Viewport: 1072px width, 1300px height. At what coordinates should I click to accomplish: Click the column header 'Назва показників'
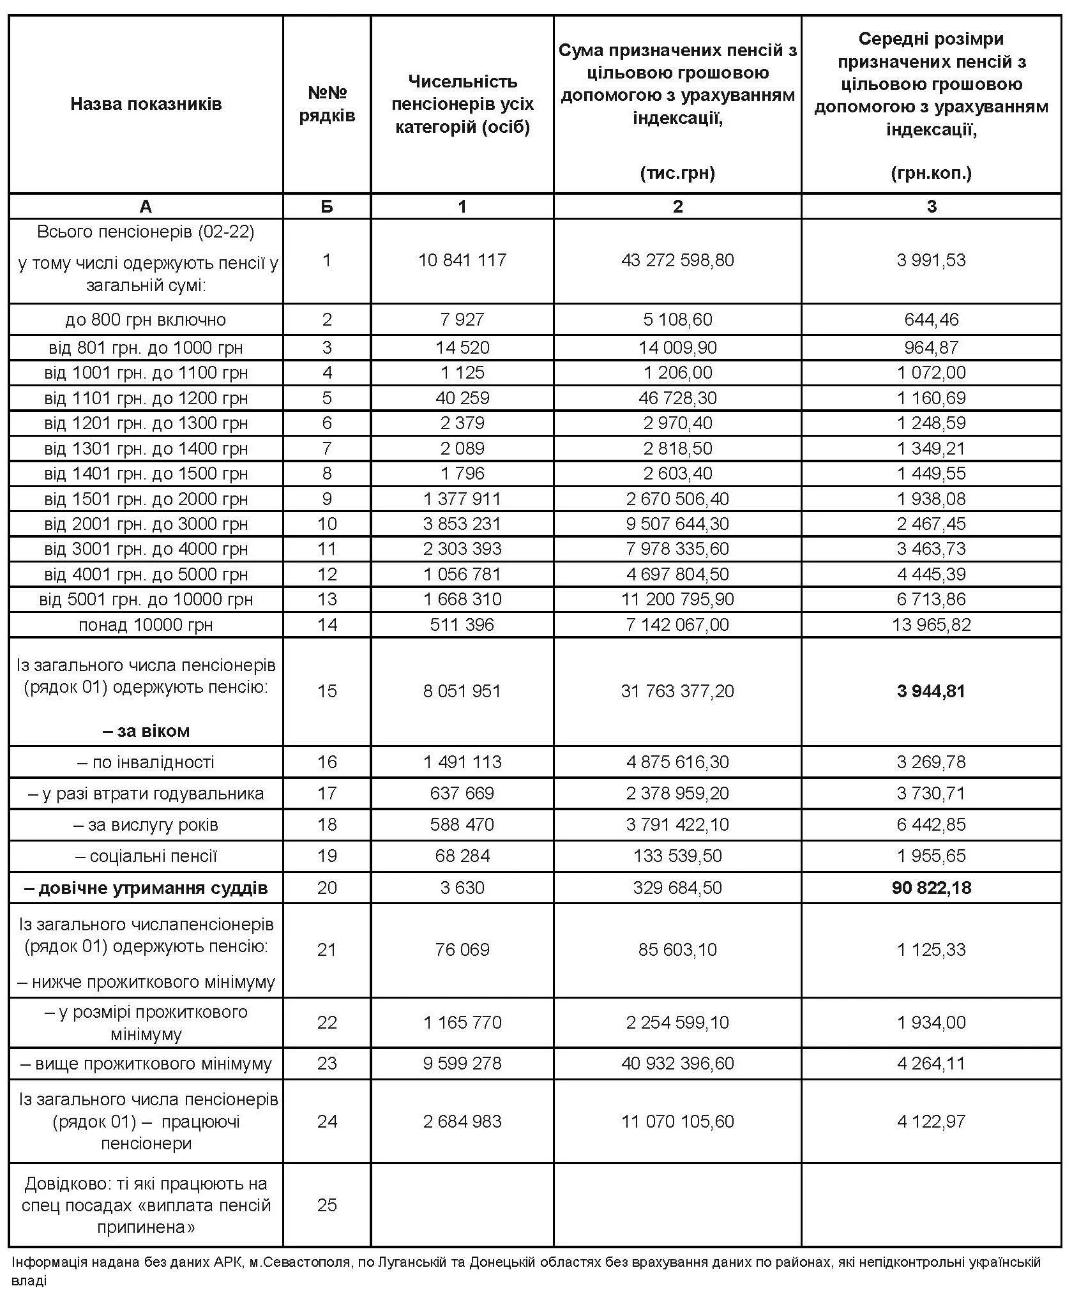pyautogui.click(x=146, y=104)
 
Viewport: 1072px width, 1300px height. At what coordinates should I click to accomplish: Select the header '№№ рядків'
pyautogui.click(x=327, y=104)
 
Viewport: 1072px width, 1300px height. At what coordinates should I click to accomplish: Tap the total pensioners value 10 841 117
pyautogui.click(x=462, y=261)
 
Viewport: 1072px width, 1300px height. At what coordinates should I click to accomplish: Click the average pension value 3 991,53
pyautogui.click(x=931, y=261)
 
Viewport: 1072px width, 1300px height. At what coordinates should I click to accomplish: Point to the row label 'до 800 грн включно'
pyautogui.click(x=146, y=319)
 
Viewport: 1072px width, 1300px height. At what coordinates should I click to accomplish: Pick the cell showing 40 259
pyautogui.click(x=462, y=398)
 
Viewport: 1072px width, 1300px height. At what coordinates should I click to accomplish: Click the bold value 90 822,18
pyautogui.click(x=931, y=888)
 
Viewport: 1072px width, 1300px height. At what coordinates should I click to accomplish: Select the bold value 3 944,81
pyautogui.click(x=931, y=691)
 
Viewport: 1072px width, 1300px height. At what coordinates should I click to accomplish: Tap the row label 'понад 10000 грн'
pyautogui.click(x=146, y=624)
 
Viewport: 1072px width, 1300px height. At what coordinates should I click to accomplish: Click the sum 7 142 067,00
pyautogui.click(x=677, y=624)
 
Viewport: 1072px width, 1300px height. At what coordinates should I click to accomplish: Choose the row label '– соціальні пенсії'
pyautogui.click(x=147, y=856)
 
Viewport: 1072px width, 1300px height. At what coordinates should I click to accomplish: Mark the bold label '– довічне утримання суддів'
pyautogui.click(x=147, y=888)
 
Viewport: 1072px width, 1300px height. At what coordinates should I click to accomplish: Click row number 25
pyautogui.click(x=327, y=1205)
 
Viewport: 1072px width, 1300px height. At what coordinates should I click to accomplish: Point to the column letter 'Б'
pyautogui.click(x=327, y=206)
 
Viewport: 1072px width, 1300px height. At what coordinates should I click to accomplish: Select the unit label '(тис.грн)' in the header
pyautogui.click(x=677, y=173)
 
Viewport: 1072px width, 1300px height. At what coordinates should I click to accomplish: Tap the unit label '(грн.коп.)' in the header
pyautogui.click(x=931, y=173)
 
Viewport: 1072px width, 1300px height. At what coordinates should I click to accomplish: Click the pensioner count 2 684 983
pyautogui.click(x=462, y=1121)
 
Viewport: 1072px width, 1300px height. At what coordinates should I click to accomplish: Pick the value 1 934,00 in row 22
pyautogui.click(x=931, y=1022)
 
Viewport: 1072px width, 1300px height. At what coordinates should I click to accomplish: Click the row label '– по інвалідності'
pyautogui.click(x=146, y=762)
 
